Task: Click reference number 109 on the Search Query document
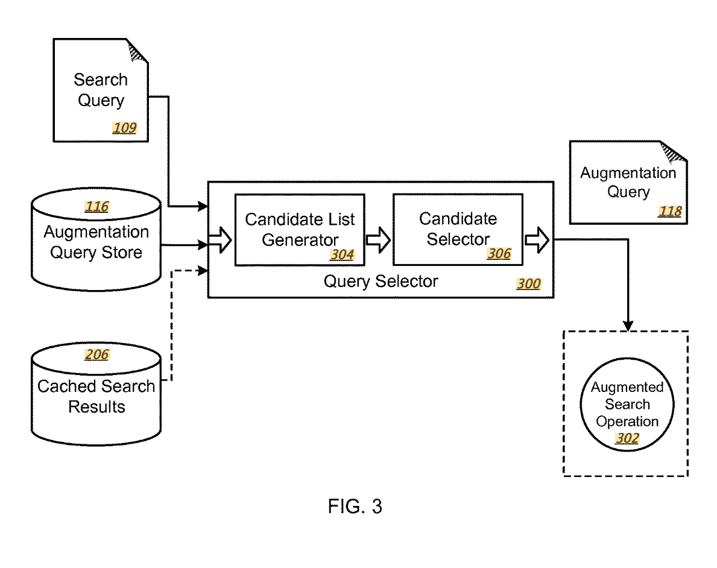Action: coord(124,128)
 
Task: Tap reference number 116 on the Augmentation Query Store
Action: coord(96,207)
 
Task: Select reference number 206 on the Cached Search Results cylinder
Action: coord(96,355)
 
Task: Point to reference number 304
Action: coord(342,254)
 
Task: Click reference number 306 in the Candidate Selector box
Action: coord(499,253)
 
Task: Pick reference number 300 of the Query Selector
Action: coord(529,283)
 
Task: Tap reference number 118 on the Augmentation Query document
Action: coord(670,211)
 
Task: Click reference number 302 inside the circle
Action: coord(627,438)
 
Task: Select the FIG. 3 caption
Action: coord(355,506)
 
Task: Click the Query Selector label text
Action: coord(381,281)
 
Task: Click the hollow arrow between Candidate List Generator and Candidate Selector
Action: coord(378,239)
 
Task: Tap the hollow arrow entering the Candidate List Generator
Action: coord(220,239)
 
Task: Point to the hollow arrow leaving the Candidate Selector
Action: coord(537,239)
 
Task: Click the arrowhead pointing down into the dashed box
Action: coord(628,325)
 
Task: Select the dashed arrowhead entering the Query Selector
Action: coord(203,271)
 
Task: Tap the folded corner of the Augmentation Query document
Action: coord(673,153)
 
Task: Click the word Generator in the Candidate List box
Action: coord(300,240)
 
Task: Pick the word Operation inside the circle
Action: coord(627,421)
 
